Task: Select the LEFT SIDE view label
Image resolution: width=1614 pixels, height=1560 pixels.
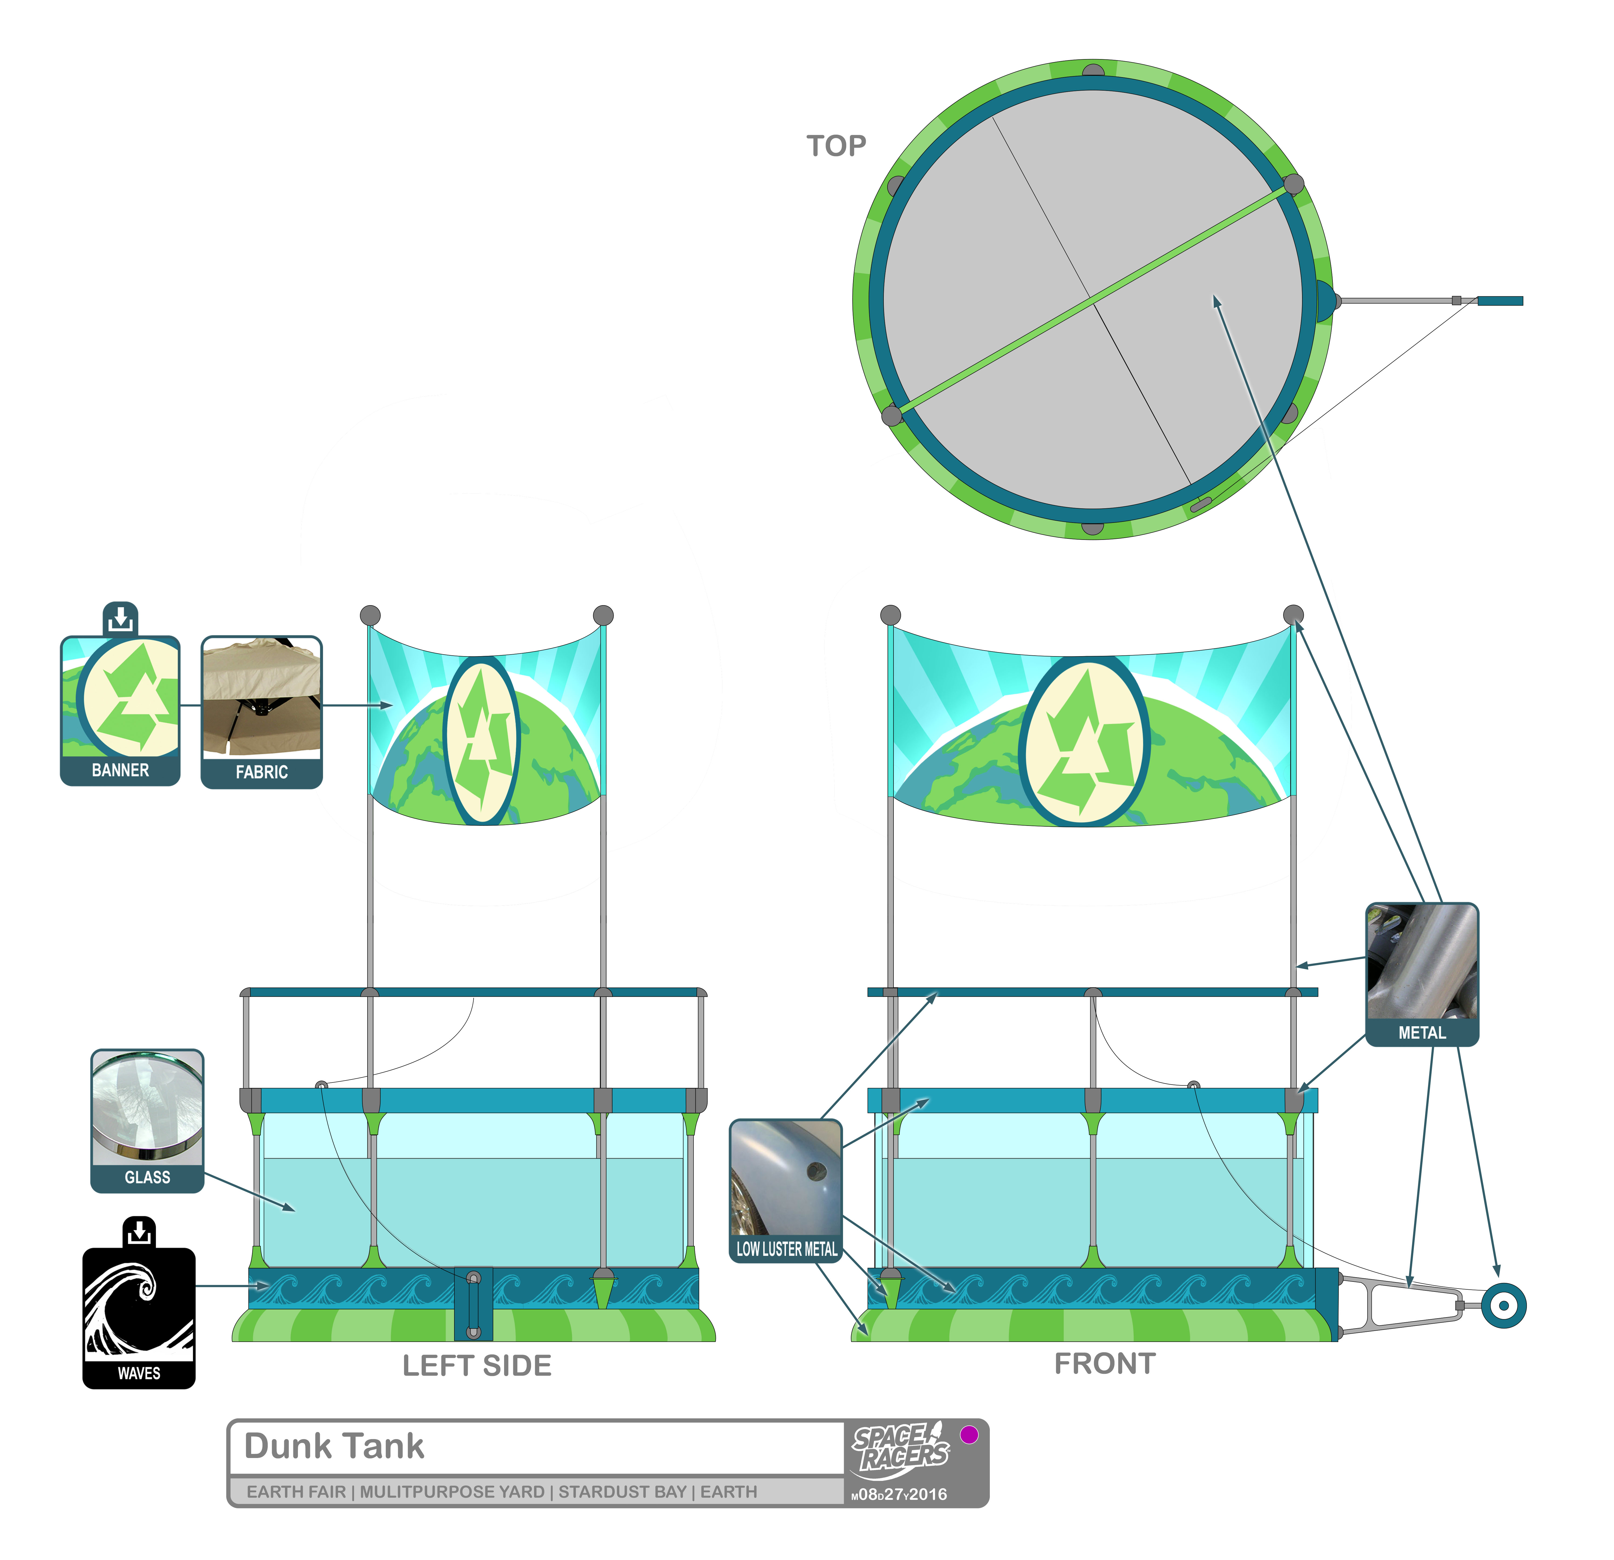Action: click(x=477, y=1366)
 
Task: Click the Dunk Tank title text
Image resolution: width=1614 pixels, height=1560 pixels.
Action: click(x=334, y=1446)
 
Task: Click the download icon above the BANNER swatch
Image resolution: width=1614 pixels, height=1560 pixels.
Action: click(x=120, y=618)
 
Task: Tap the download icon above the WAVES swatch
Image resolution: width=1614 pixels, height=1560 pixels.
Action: click(x=139, y=1232)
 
